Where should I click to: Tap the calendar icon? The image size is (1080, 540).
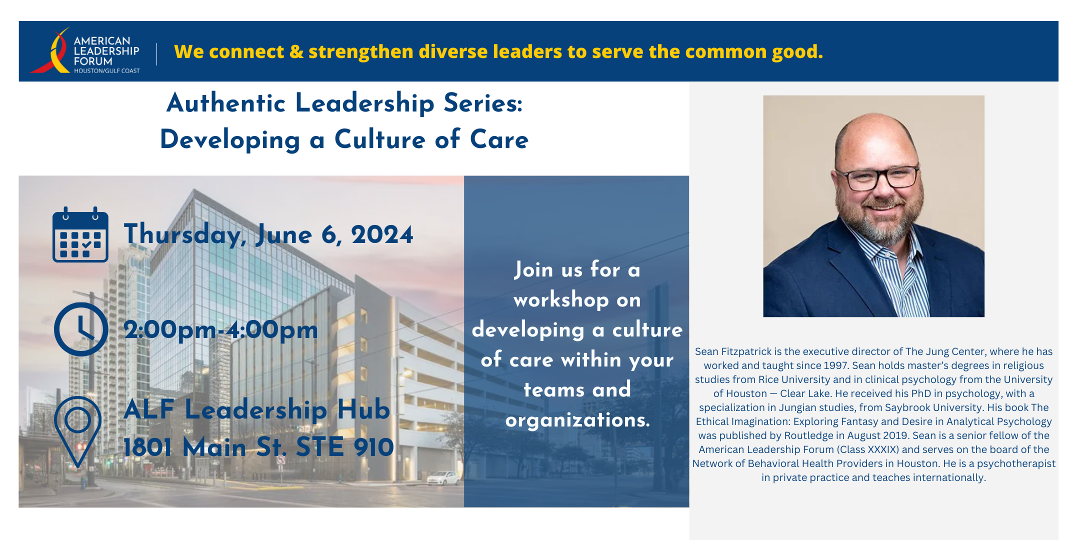[80, 234]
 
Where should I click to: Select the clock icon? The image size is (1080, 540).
[81, 329]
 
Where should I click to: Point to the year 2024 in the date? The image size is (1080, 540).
[382, 234]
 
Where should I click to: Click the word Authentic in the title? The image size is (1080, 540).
[226, 103]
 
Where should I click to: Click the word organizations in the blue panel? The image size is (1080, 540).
[577, 420]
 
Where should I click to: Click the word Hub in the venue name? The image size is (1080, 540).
[363, 409]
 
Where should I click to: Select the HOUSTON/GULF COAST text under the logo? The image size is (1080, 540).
[107, 71]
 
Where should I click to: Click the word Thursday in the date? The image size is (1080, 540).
[184, 234]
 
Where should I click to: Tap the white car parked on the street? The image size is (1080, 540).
[443, 478]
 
